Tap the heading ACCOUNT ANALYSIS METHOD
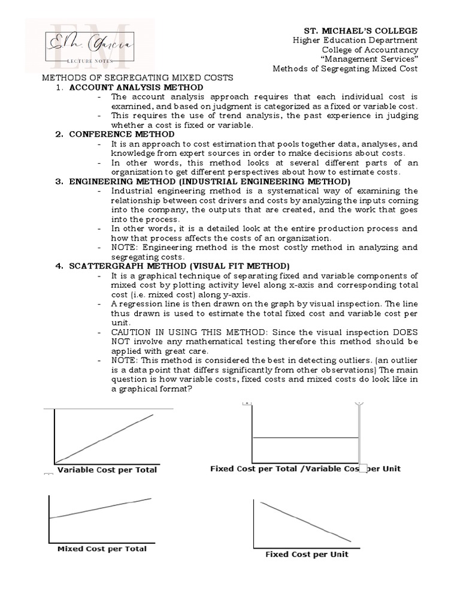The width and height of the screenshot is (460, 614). (x=136, y=88)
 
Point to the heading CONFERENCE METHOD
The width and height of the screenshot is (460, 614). (x=122, y=134)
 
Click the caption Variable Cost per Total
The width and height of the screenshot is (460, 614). (x=107, y=469)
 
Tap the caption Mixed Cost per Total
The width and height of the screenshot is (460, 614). (x=102, y=548)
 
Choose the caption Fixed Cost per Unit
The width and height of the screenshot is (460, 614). (x=307, y=554)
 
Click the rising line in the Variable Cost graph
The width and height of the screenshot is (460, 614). (x=105, y=438)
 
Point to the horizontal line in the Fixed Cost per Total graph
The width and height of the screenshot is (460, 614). (x=305, y=438)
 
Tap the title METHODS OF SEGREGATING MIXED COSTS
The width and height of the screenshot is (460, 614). (x=137, y=78)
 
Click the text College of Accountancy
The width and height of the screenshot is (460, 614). (x=370, y=50)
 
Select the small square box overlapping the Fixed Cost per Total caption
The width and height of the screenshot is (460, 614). (x=362, y=468)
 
